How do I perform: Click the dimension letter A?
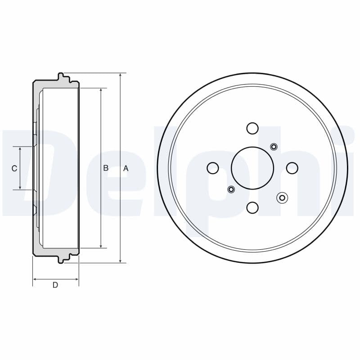[126, 168]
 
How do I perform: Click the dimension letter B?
[106, 168]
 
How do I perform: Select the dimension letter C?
[14, 168]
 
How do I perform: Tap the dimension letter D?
[55, 285]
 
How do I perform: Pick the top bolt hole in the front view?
[252, 128]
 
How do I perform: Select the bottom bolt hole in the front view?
[252, 207]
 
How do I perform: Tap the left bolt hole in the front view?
[212, 168]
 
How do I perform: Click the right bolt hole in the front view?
[292, 168]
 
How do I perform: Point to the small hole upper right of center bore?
[274, 147]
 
